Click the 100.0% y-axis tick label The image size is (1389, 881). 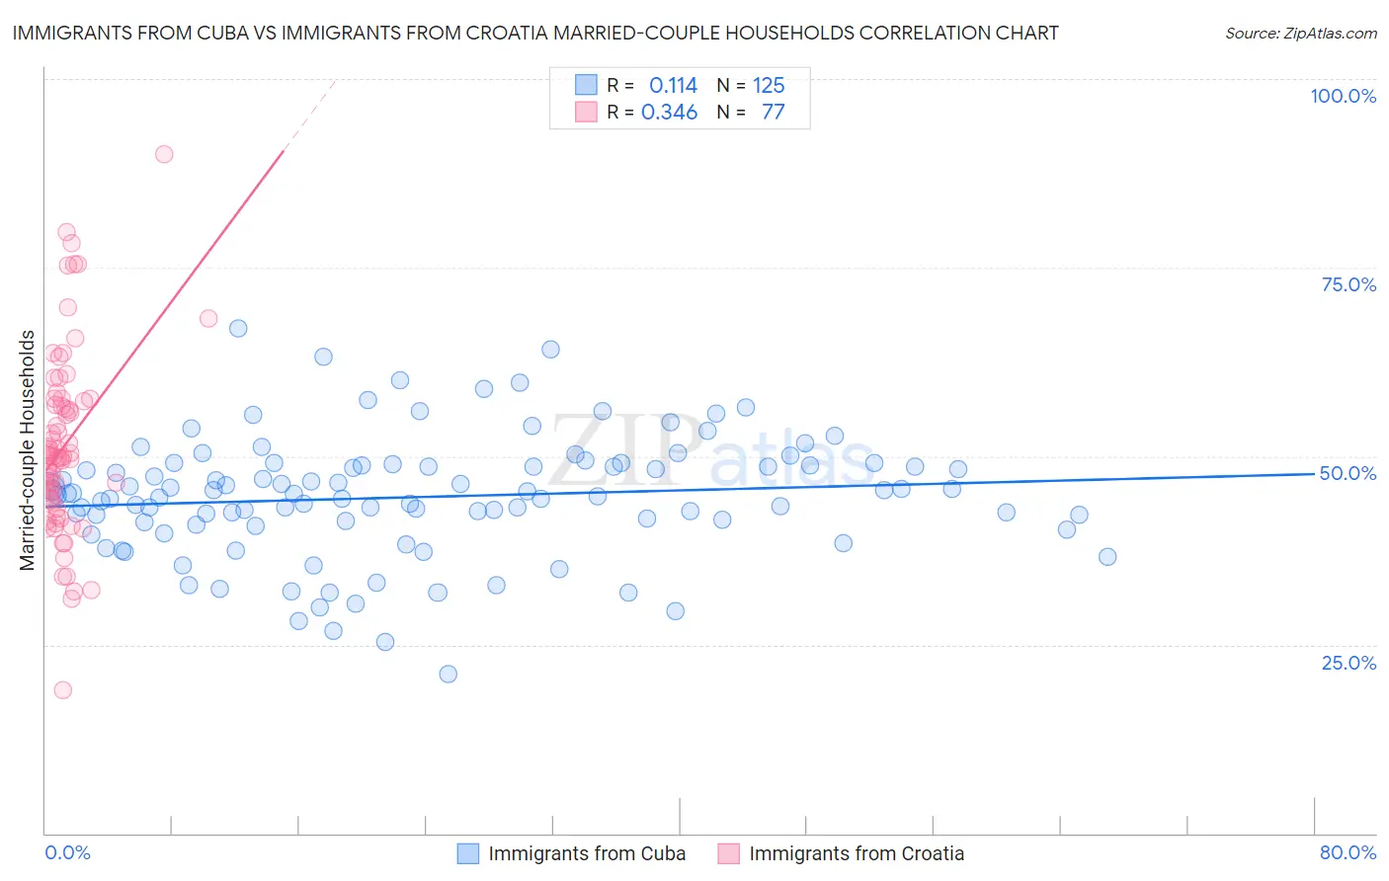tap(1343, 96)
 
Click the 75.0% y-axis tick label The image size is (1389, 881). tap(1348, 284)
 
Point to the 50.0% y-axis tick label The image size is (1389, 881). tap(1348, 473)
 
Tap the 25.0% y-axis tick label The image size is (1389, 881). tap(1348, 662)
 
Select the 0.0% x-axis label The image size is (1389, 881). tap(67, 852)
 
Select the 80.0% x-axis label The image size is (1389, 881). tap(1348, 852)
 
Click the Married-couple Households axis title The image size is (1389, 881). tap(28, 450)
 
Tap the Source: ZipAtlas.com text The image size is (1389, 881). tap(1300, 33)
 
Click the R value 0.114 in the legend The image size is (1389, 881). tap(673, 85)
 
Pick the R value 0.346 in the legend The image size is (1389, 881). tap(669, 112)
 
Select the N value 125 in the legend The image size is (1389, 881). tap(769, 85)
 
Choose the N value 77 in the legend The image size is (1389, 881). tap(773, 112)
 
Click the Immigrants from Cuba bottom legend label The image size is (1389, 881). tap(587, 853)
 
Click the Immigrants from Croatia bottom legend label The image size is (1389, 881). tap(857, 853)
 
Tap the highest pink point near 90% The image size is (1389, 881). tap(164, 154)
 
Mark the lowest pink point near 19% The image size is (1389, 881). tap(62, 690)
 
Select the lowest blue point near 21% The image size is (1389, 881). tap(448, 674)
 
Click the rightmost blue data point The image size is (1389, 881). tap(1107, 557)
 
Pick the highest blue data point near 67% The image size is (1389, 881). tap(238, 328)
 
